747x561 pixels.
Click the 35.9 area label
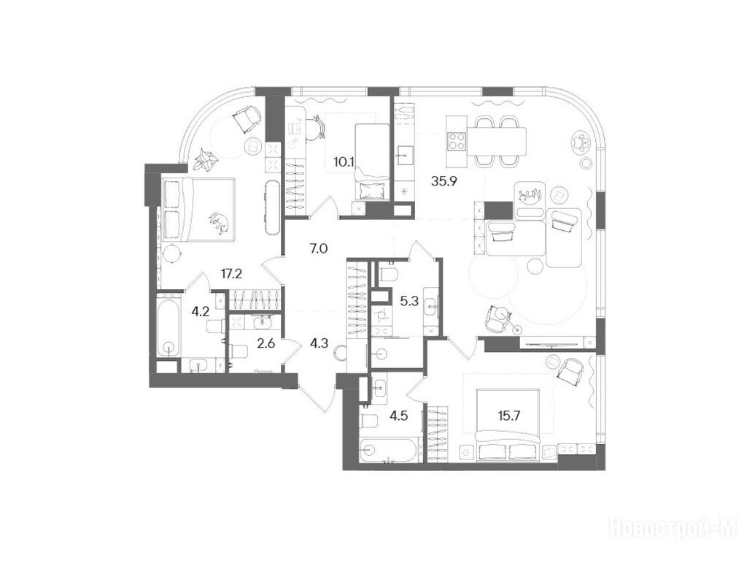pyautogui.click(x=444, y=181)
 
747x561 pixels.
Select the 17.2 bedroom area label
pyautogui.click(x=231, y=274)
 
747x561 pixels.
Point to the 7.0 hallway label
pyautogui.click(x=318, y=248)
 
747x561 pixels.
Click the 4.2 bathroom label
pyautogui.click(x=200, y=312)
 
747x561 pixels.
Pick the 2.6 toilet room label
pyautogui.click(x=266, y=343)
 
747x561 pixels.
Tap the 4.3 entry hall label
pyautogui.click(x=319, y=343)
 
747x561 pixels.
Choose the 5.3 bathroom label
pyautogui.click(x=409, y=301)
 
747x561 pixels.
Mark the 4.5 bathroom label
pyautogui.click(x=398, y=416)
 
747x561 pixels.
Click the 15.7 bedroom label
pyautogui.click(x=508, y=416)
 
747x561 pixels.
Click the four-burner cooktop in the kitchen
pyautogui.click(x=456, y=141)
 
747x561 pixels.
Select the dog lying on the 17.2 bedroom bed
pyautogui.click(x=220, y=223)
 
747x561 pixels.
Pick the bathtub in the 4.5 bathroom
pyautogui.click(x=388, y=451)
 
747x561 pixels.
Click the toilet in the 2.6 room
pyautogui.click(x=239, y=351)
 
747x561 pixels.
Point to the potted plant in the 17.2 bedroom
pyautogui.click(x=206, y=159)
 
